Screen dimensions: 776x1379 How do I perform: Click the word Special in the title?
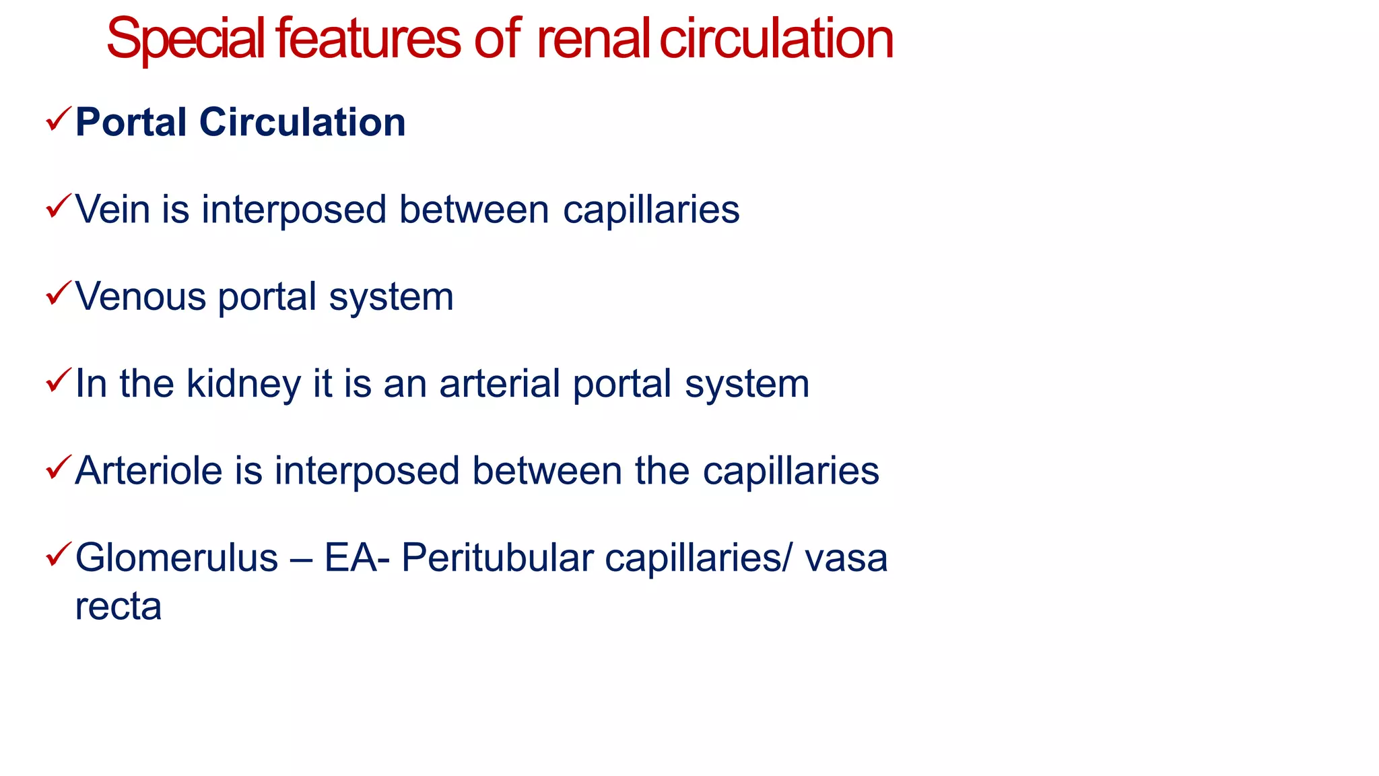pos(185,39)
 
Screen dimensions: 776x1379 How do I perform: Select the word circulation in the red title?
pos(776,39)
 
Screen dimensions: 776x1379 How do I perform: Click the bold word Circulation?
pos(302,123)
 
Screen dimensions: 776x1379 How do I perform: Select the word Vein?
pos(112,209)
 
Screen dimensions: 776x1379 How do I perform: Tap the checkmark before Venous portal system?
pos(58,294)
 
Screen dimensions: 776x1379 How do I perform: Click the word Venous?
pos(140,297)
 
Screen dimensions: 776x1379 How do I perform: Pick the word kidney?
pos(243,384)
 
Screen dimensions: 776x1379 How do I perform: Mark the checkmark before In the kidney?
pos(58,381)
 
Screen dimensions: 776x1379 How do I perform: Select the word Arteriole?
pos(148,471)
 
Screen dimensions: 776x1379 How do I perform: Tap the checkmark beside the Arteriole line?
pos(58,467)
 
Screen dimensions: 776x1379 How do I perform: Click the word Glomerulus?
pos(176,558)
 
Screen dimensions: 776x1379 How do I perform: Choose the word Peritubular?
pos(497,558)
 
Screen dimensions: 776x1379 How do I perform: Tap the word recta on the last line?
pos(118,606)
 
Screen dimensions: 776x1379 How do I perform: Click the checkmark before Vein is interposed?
pos(58,207)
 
